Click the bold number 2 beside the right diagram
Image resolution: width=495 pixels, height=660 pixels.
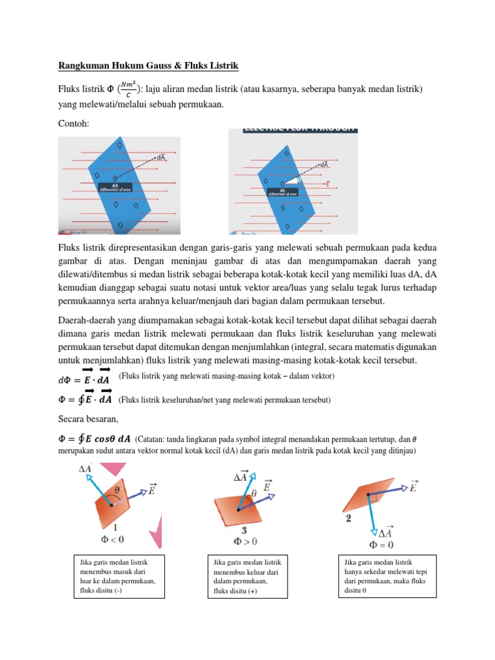(348, 518)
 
